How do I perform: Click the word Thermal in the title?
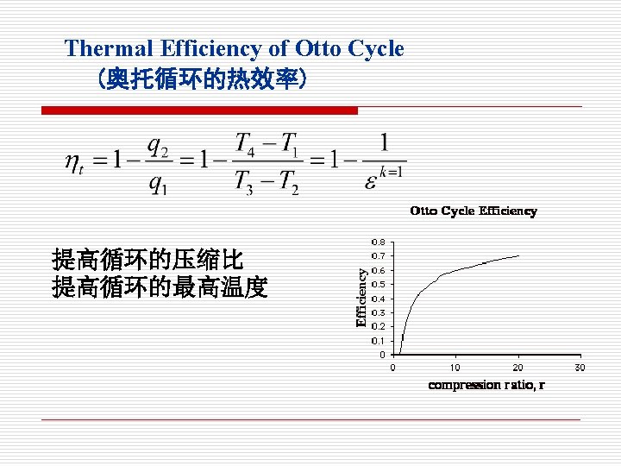pyautogui.click(x=109, y=48)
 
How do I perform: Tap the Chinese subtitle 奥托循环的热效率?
pyautogui.click(x=203, y=79)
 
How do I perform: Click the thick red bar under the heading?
pyautogui.click(x=199, y=110)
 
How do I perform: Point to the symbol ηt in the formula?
pyautogui.click(x=74, y=163)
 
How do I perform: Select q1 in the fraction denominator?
pyautogui.click(x=158, y=185)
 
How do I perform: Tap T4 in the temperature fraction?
pyautogui.click(x=245, y=144)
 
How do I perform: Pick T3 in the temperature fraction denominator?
pyautogui.click(x=243, y=183)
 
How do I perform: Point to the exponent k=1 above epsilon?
pyautogui.click(x=391, y=173)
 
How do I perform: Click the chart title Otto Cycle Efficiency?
pyautogui.click(x=474, y=211)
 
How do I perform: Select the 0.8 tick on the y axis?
pyautogui.click(x=379, y=242)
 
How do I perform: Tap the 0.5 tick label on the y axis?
pyautogui.click(x=379, y=285)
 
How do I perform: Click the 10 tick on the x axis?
pyautogui.click(x=455, y=368)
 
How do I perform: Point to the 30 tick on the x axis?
pyautogui.click(x=580, y=368)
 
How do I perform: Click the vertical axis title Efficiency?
pyautogui.click(x=361, y=298)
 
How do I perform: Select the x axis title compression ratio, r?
pyautogui.click(x=486, y=385)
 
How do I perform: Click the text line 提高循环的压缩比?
pyautogui.click(x=147, y=260)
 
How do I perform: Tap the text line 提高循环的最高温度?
pyautogui.click(x=160, y=287)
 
